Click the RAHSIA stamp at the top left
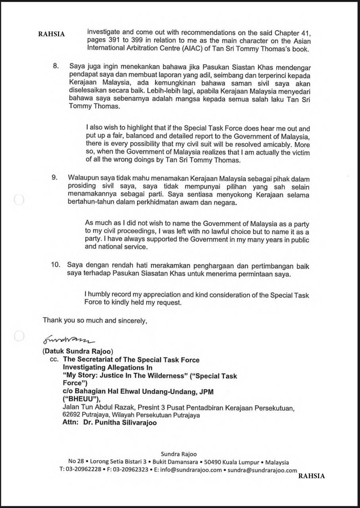51,34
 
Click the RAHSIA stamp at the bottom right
311,476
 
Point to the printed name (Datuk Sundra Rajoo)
78,351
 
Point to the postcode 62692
71,415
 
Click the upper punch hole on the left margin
19,200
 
